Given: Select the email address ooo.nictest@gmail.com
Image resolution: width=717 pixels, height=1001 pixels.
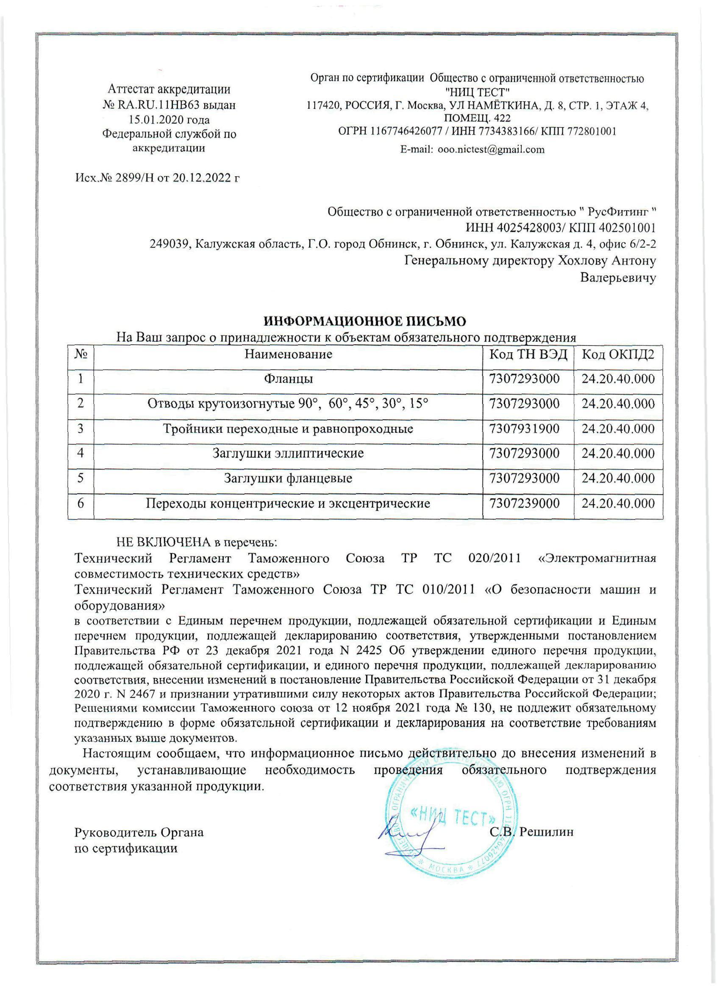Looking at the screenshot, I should pyautogui.click(x=491, y=149).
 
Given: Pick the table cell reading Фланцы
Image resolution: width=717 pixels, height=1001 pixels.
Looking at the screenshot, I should pyautogui.click(x=289, y=379).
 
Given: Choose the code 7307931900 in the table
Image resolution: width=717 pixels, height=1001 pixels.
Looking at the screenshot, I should pyautogui.click(x=524, y=429).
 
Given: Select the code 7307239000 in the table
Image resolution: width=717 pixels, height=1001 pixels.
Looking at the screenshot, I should pyautogui.click(x=524, y=503).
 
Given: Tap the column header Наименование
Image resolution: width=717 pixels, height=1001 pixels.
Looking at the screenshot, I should pyautogui.click(x=289, y=354).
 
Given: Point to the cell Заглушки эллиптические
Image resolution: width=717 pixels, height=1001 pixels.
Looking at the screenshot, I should pyautogui.click(x=289, y=453).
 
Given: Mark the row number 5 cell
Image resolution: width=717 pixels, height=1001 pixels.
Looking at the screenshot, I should pyautogui.click(x=81, y=478).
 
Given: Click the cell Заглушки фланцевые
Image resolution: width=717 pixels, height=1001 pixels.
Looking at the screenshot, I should pyautogui.click(x=289, y=478).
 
